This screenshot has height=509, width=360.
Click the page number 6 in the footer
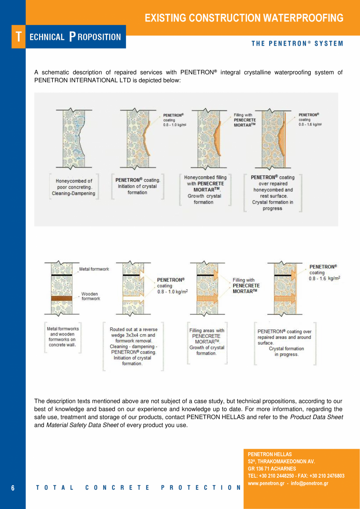tap(13, 488)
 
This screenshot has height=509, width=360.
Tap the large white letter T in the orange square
tap(18, 37)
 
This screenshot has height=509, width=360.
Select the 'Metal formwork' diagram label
tap(94, 269)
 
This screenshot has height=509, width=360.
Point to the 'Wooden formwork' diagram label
tap(90, 296)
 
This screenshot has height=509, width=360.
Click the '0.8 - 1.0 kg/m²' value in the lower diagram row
tap(173, 292)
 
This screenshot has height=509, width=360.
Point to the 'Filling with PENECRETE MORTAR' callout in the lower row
tap(246, 285)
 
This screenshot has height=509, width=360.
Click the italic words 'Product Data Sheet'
tap(317, 417)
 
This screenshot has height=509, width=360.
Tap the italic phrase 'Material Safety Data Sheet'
tap(82, 425)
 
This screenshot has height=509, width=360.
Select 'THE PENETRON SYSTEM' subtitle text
tap(297, 43)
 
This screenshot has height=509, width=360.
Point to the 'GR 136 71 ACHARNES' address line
tap(272, 469)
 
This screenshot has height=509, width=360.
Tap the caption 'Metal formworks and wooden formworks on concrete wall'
tap(63, 337)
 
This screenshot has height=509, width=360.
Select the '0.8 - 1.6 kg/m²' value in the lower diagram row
tap(324, 278)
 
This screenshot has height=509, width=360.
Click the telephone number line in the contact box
tap(296, 476)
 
